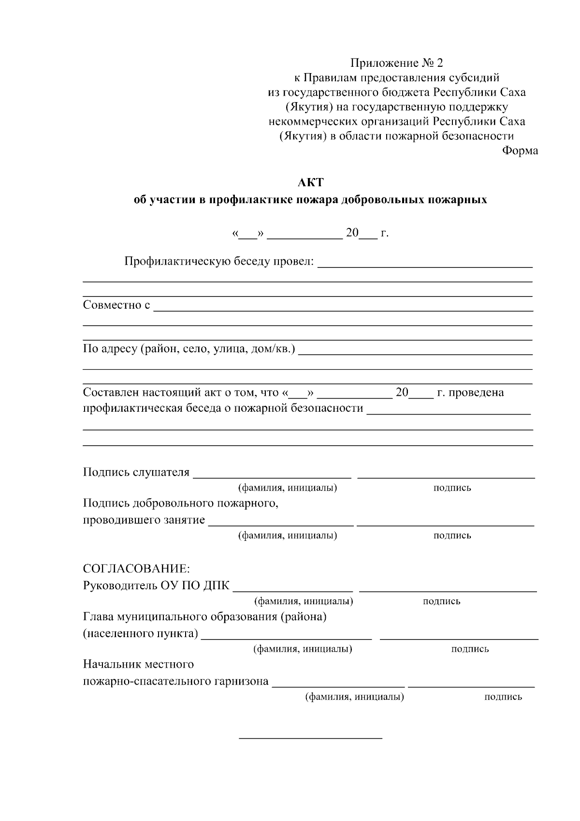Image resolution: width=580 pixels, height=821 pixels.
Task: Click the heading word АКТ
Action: pyautogui.click(x=310, y=183)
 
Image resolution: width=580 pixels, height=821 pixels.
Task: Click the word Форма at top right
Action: pyautogui.click(x=520, y=151)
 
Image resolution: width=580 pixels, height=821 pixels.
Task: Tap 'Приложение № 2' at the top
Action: pyautogui.click(x=396, y=63)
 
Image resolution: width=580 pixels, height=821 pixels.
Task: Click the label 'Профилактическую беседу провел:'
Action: pyautogui.click(x=219, y=262)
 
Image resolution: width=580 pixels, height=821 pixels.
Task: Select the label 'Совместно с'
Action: pyautogui.click(x=116, y=305)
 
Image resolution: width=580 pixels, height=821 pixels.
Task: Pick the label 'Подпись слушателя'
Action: pyautogui.click(x=136, y=472)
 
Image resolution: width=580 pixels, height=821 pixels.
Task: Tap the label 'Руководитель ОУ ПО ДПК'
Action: pyautogui.click(x=157, y=585)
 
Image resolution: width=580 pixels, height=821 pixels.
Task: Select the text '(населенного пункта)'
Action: pyautogui.click(x=141, y=633)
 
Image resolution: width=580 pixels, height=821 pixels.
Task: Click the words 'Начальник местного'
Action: pyautogui.click(x=138, y=664)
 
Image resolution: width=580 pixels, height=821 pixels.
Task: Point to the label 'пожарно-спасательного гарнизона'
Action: pyautogui.click(x=176, y=681)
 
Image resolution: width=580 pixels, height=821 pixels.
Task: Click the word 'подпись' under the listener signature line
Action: pyautogui.click(x=452, y=488)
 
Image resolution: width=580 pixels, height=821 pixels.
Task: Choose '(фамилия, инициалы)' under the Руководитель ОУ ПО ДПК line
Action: pyautogui.click(x=304, y=601)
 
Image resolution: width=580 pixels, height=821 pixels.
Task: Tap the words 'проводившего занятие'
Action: pyautogui.click(x=144, y=520)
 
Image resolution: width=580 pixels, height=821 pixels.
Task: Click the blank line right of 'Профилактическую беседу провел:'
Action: pyautogui.click(x=425, y=267)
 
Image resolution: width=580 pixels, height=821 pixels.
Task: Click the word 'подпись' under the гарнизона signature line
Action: pyautogui.click(x=503, y=697)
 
